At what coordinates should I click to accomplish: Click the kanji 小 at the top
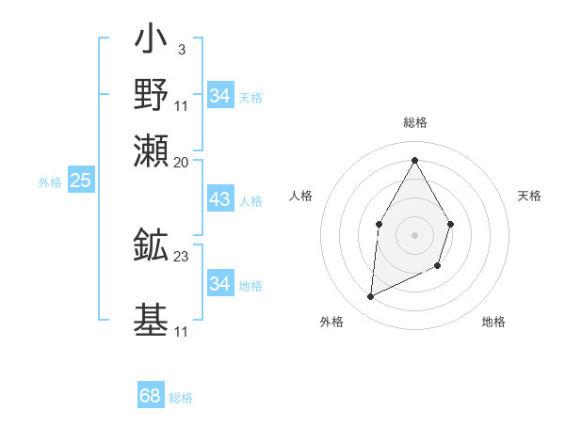[x=152, y=41]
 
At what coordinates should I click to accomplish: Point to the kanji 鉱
[x=152, y=245]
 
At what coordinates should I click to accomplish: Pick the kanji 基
[x=152, y=318]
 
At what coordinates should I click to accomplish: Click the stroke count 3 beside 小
[x=181, y=50]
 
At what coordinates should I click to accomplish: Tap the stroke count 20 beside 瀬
[x=182, y=162]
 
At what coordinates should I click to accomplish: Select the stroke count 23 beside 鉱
[x=182, y=256]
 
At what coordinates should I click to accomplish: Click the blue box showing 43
[x=219, y=200]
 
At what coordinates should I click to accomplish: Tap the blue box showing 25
[x=80, y=182]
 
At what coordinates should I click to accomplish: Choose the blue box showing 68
[x=150, y=396]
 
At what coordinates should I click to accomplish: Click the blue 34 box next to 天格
[x=219, y=96]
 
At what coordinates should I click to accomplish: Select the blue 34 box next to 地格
[x=219, y=284]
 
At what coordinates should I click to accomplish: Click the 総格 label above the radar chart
[x=414, y=123]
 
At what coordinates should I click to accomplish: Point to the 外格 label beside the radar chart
[x=331, y=322]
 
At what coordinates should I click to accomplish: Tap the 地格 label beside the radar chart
[x=493, y=322]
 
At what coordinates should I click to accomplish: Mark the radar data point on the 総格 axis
[x=414, y=160]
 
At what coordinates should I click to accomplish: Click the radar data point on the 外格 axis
[x=371, y=297]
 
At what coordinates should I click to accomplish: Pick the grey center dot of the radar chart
[x=414, y=234]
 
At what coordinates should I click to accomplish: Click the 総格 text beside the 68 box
[x=181, y=398]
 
